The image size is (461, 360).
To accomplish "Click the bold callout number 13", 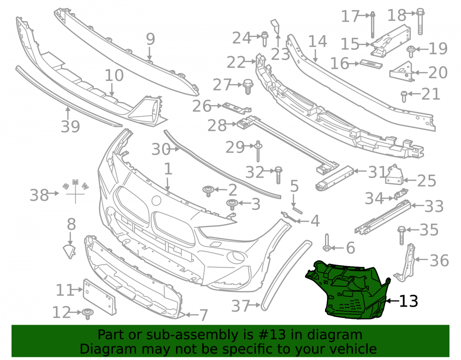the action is click(408, 301).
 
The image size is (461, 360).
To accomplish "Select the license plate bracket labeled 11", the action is click(100, 296).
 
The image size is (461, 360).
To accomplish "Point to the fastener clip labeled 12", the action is click(87, 313).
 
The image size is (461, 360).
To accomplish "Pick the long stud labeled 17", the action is click(372, 25).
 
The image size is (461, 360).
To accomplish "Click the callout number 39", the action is click(70, 126).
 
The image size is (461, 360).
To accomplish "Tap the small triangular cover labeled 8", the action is click(70, 252).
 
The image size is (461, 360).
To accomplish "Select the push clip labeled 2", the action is click(208, 191).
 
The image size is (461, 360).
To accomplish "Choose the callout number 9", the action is click(151, 39).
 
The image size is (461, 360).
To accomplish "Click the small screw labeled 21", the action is click(404, 96).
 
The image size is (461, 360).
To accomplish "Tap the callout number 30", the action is click(161, 149).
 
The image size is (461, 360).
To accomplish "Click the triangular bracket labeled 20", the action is click(402, 72).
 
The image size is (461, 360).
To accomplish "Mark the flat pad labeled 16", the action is click(371, 64).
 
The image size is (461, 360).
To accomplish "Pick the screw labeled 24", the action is click(264, 39).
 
